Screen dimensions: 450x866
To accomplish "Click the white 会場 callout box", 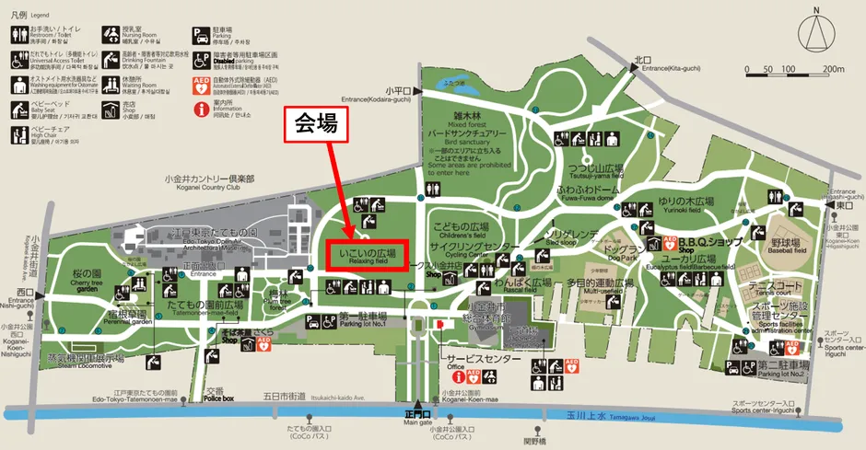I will pyautogui.click(x=317, y=127).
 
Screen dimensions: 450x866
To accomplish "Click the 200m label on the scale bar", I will pyautogui.click(x=833, y=69).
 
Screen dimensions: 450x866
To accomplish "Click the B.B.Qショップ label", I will pyautogui.click(x=708, y=242).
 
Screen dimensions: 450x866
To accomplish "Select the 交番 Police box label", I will pyautogui.click(x=215, y=393).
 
